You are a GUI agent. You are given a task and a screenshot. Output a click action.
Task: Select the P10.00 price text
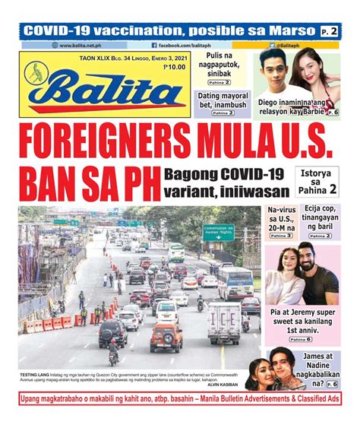pyautogui.click(x=175, y=68)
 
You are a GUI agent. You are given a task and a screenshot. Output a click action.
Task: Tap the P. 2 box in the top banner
pyautogui.click(x=328, y=31)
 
